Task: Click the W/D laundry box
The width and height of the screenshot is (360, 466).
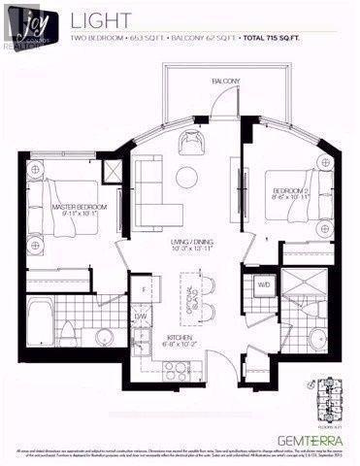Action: pyautogui.click(x=263, y=285)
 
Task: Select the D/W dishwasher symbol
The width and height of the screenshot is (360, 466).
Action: pyautogui.click(x=141, y=316)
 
